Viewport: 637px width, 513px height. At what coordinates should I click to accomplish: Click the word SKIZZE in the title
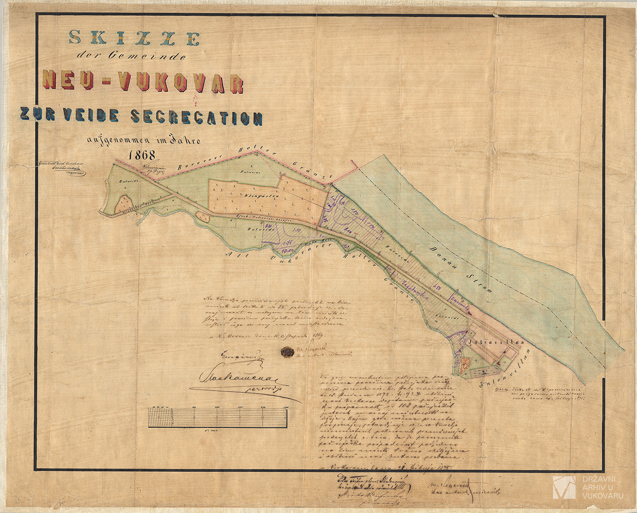click(x=134, y=38)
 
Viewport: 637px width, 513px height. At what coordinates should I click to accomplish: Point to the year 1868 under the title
click(x=142, y=155)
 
